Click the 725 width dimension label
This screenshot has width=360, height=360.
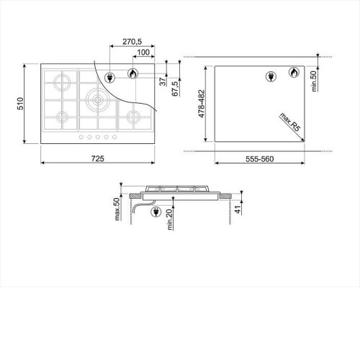[98, 158]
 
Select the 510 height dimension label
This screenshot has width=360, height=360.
[20, 104]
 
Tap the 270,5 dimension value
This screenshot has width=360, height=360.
[132, 42]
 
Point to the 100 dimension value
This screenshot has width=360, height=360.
[143, 52]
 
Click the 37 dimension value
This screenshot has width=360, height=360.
[163, 81]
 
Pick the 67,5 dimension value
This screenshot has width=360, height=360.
[176, 89]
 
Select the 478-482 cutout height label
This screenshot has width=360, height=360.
[202, 104]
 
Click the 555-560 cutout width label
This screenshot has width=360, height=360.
[259, 159]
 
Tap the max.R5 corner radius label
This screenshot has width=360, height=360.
[290, 122]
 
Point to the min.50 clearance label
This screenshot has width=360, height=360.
[314, 81]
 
